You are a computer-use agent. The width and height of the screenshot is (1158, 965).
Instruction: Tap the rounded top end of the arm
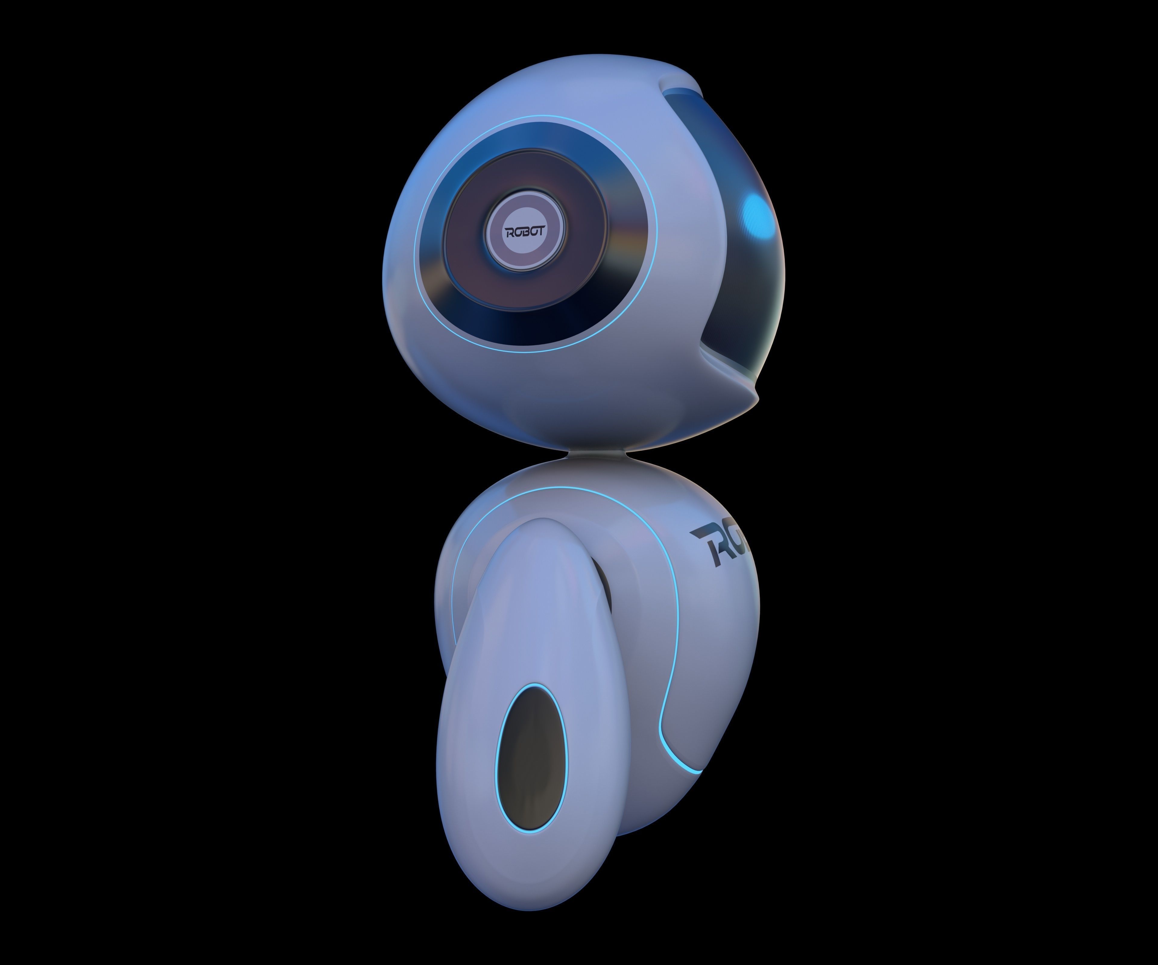click(529, 524)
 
